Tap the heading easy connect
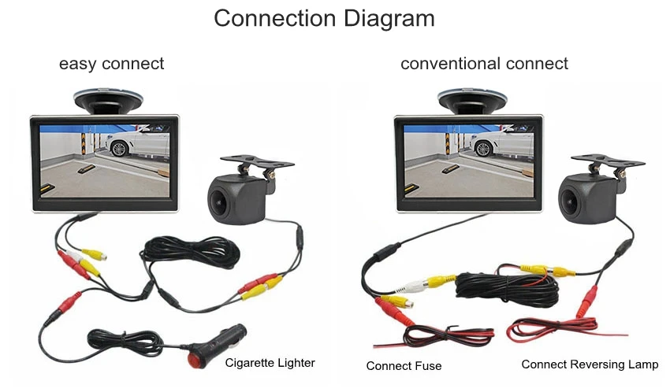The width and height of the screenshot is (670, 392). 111,64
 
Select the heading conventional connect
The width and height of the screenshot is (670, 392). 484,64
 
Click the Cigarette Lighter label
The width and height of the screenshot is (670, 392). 270,363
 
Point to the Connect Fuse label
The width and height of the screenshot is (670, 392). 404,366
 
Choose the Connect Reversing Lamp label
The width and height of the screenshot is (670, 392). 590,364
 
